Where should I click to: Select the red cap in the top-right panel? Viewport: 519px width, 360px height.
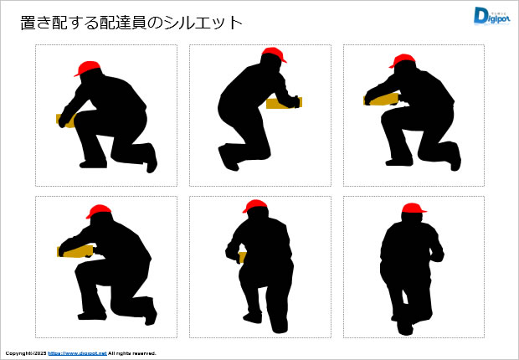click(x=403, y=61)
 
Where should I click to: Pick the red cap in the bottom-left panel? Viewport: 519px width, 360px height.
click(x=98, y=211)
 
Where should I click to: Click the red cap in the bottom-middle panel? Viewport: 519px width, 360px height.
click(x=254, y=206)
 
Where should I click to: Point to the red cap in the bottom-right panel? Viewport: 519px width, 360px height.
click(x=413, y=208)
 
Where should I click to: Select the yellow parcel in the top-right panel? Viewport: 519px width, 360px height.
click(x=381, y=99)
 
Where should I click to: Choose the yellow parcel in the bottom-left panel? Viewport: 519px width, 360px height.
click(x=75, y=250)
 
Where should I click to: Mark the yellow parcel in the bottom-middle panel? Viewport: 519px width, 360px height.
click(x=242, y=257)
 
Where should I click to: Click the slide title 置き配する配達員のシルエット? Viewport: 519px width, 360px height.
click(x=131, y=23)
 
